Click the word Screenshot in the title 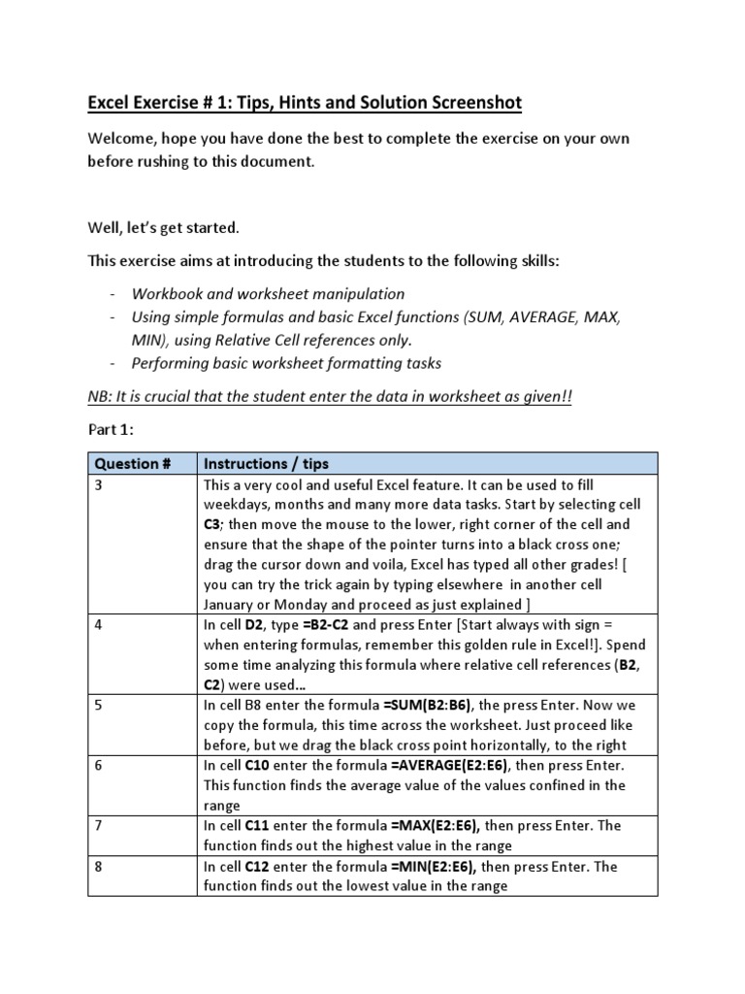pos(469,102)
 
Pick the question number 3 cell pos(98,483)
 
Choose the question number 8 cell pos(98,867)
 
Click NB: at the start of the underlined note pos(102,398)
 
